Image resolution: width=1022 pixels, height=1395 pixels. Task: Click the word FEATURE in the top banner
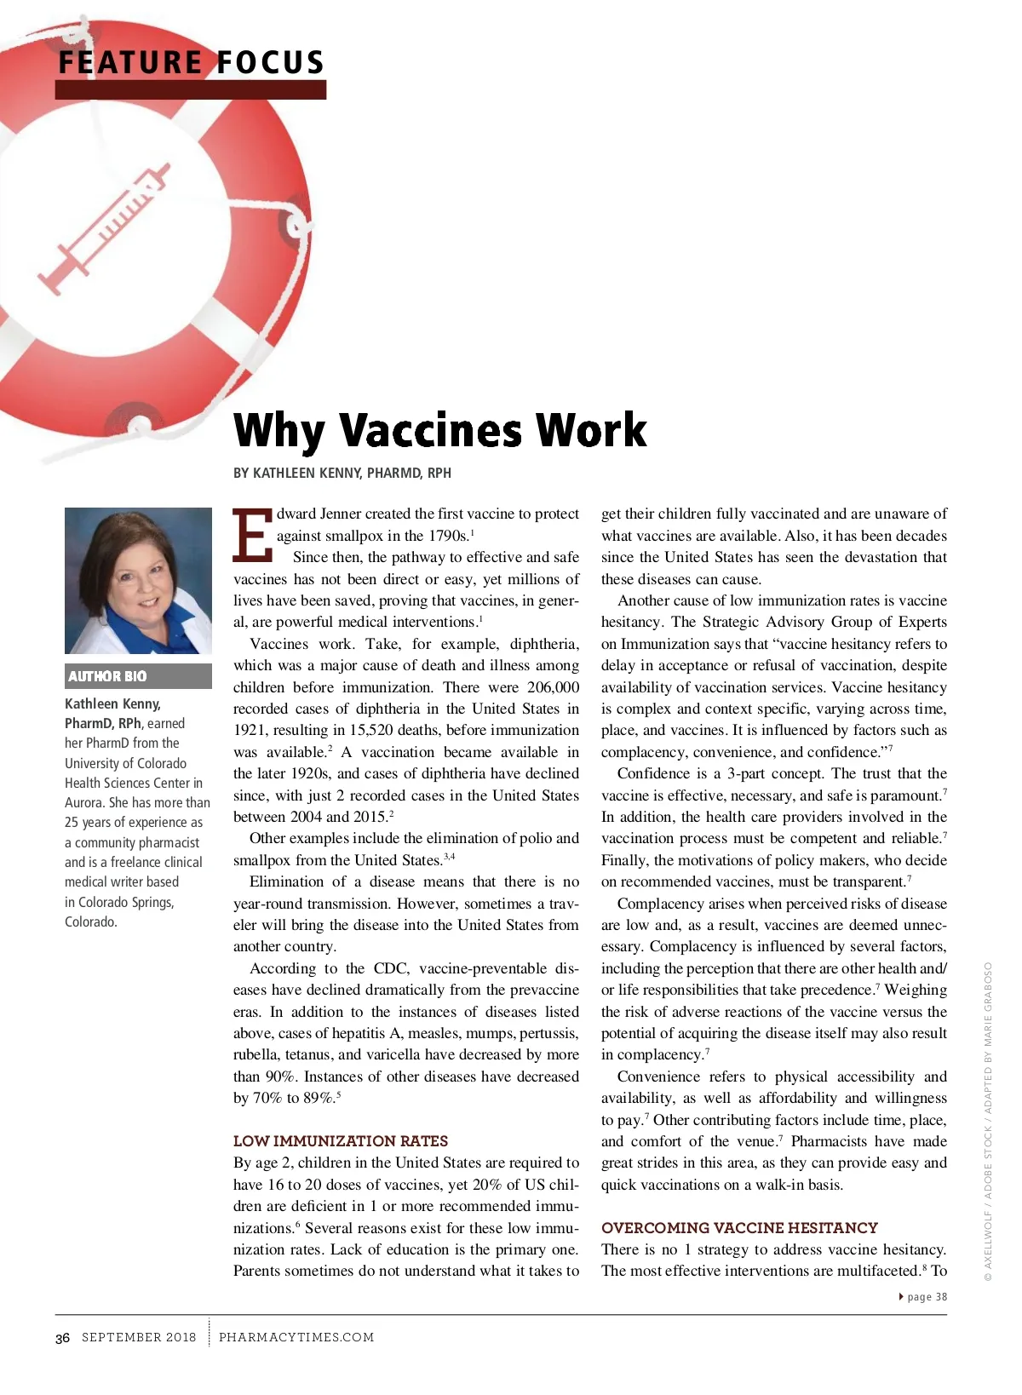click(x=129, y=62)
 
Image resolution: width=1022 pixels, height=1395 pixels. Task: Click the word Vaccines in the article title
click(x=431, y=430)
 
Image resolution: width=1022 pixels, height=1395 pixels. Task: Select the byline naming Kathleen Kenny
click(x=342, y=473)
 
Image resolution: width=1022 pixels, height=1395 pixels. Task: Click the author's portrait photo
click(x=138, y=581)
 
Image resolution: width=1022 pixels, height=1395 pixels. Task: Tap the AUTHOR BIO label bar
click(x=138, y=676)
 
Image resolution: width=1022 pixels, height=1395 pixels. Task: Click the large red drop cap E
click(x=252, y=536)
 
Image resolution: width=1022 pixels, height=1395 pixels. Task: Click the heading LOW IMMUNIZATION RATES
click(x=341, y=1141)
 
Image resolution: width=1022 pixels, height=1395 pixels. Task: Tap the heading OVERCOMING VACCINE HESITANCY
click(x=739, y=1228)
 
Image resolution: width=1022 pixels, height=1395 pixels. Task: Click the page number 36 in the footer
click(x=63, y=1338)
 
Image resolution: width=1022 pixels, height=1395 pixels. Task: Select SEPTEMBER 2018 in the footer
click(x=139, y=1337)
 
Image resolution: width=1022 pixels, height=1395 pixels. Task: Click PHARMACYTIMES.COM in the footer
click(x=296, y=1337)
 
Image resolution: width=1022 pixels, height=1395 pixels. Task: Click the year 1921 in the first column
click(x=250, y=731)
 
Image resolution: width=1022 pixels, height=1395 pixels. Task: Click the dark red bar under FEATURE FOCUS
click(x=191, y=89)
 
